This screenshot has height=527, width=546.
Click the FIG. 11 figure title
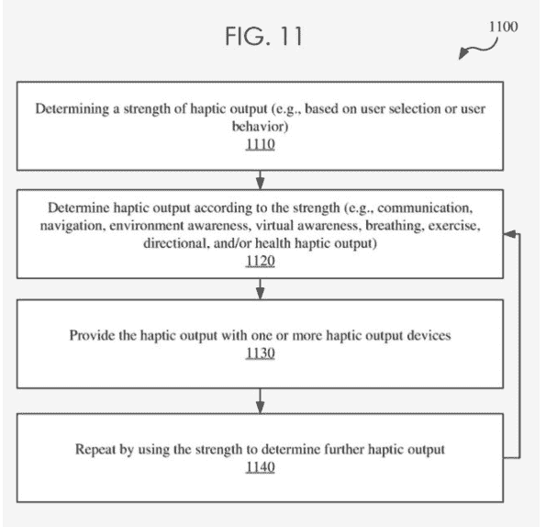[263, 36]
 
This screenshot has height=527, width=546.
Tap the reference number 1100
[503, 27]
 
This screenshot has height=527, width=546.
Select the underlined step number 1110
[260, 144]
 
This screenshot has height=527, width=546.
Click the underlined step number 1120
[260, 261]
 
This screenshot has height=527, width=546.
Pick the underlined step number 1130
[260, 353]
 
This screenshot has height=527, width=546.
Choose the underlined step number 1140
[260, 467]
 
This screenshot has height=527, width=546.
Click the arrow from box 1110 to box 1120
[260, 180]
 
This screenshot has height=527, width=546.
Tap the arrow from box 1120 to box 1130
[260, 289]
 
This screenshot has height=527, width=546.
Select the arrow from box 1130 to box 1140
[260, 401]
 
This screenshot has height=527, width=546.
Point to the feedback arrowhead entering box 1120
[509, 234]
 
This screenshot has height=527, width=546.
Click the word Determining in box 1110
[72, 109]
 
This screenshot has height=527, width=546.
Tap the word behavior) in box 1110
[260, 127]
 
